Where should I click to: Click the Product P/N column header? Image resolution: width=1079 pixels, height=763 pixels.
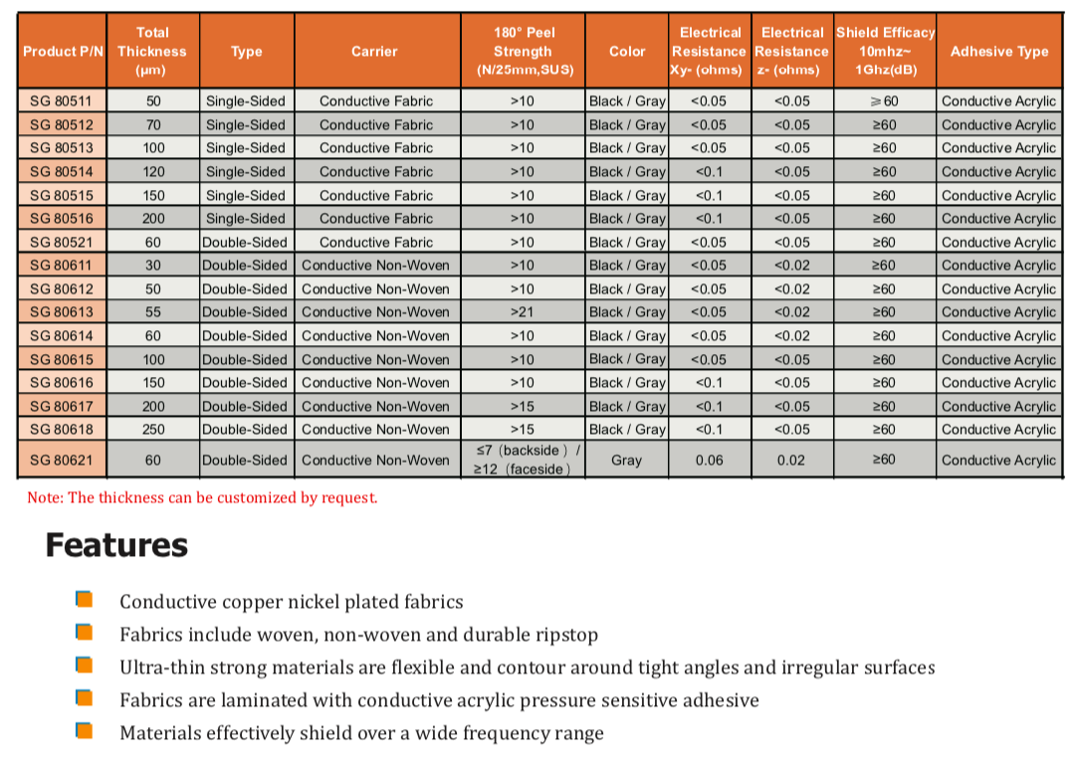coord(63,52)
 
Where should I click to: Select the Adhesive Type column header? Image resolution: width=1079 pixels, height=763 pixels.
coord(998,52)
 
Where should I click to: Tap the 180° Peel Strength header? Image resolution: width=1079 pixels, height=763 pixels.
coord(523,52)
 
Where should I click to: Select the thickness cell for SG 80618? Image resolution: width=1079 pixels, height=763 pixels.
coord(153,430)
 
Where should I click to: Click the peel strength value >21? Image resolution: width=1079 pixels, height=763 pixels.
coord(523,312)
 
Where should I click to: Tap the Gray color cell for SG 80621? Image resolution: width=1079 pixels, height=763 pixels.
coord(626,461)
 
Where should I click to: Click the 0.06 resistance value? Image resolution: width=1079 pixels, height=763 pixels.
coord(709,461)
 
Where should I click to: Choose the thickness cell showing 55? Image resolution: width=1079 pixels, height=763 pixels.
coord(153,312)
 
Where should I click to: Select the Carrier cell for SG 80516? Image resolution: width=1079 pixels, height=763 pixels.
coord(376,219)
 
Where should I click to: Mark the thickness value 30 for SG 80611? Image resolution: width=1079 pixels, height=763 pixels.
coord(153,266)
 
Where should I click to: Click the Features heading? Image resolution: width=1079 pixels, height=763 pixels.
coord(116,545)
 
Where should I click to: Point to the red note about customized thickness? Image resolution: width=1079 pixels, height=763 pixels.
coord(202,497)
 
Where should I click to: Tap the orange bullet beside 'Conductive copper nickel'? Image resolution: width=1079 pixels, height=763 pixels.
coord(85,600)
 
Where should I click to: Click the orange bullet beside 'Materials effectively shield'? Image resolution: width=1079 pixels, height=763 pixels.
coord(85,732)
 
